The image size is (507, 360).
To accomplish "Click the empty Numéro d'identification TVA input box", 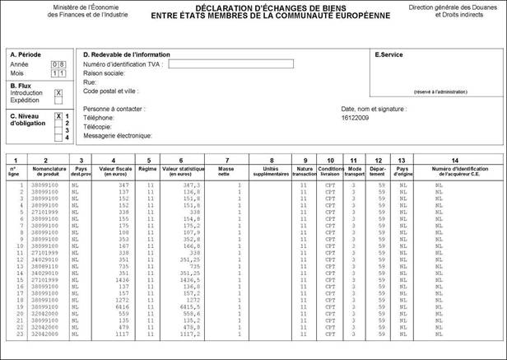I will (230, 64).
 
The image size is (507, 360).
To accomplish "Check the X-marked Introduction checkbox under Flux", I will (58, 93).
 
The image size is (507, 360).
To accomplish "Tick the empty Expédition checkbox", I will (58, 101).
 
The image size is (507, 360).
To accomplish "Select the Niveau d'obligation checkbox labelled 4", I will (58, 137).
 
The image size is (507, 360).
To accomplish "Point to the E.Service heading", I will (389, 54).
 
